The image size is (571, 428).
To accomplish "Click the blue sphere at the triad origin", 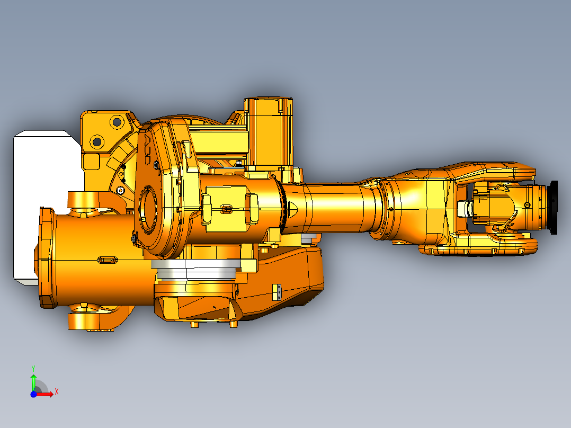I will (33, 394).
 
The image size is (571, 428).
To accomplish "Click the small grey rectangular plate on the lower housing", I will (278, 292).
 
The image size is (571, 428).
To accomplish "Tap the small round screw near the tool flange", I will (528, 205).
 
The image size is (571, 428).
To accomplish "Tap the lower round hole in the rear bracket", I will (97, 141).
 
